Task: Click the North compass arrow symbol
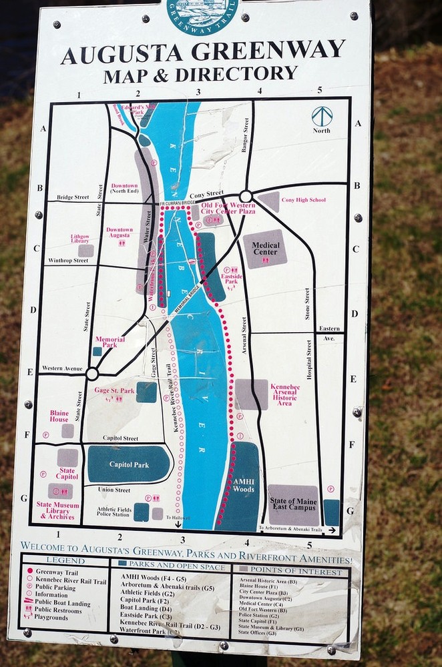click(x=322, y=117)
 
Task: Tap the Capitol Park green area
click(x=129, y=464)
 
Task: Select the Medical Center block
click(x=265, y=248)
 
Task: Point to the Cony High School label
click(x=303, y=200)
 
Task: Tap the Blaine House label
click(x=59, y=416)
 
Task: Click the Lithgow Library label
click(x=80, y=238)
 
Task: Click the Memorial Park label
click(x=110, y=342)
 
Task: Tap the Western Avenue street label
click(x=61, y=368)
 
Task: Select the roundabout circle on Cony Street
click(x=246, y=196)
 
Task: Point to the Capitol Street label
click(x=120, y=438)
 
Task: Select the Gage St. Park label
click(x=114, y=391)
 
